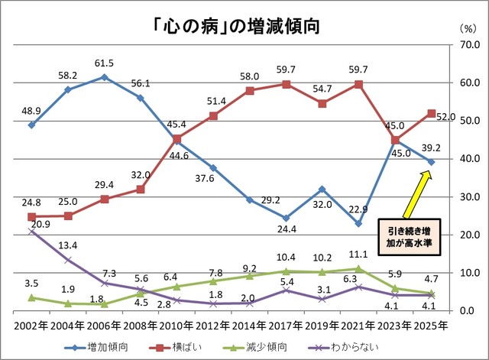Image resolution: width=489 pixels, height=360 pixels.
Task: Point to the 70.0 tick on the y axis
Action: tap(465, 45)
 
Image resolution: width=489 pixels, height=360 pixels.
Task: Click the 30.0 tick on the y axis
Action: tap(465, 197)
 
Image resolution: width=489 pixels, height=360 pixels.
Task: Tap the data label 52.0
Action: tap(446, 117)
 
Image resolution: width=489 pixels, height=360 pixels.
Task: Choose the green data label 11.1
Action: tap(358, 254)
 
